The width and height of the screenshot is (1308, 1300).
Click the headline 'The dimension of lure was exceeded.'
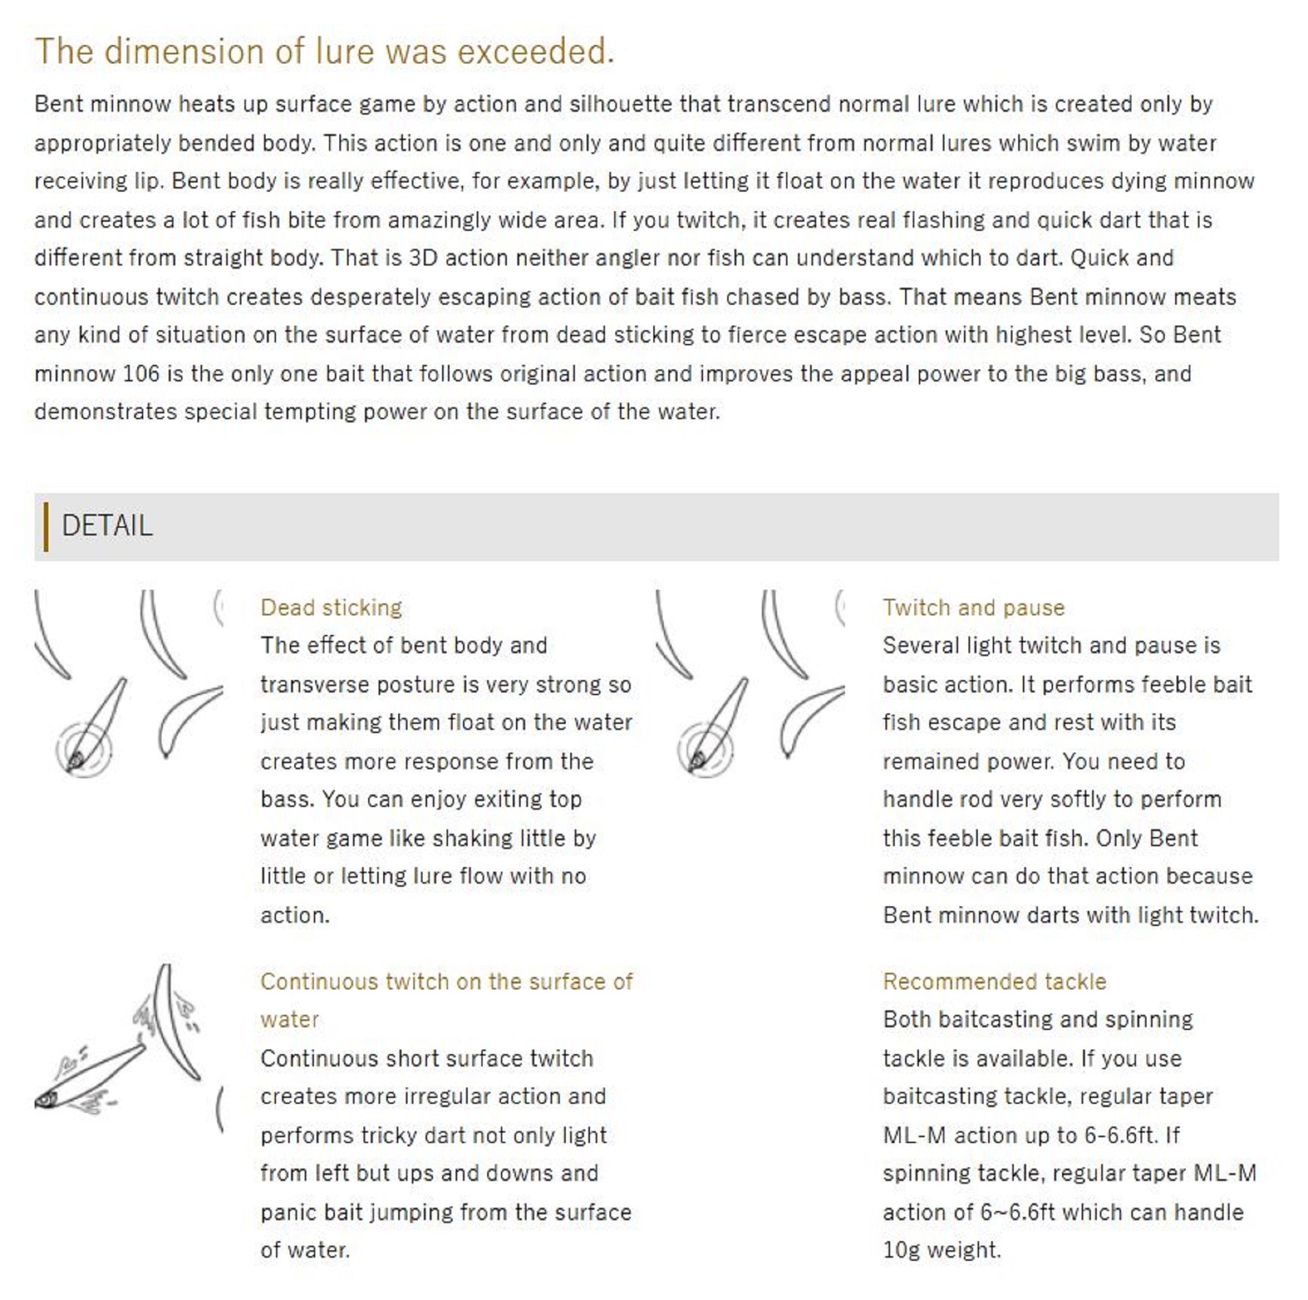click(324, 52)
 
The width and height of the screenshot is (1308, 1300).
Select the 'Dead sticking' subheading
click(331, 607)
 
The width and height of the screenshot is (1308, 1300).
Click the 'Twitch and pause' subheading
click(973, 607)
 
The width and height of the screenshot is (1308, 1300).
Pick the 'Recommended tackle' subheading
click(994, 981)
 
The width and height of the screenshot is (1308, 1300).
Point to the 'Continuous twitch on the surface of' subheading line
click(446, 981)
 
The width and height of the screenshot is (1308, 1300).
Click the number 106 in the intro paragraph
click(141, 374)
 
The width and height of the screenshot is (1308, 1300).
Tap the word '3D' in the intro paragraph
click(422, 258)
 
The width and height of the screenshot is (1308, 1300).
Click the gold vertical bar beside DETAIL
click(46, 526)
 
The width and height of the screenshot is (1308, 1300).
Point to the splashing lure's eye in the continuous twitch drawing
click(44, 1100)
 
